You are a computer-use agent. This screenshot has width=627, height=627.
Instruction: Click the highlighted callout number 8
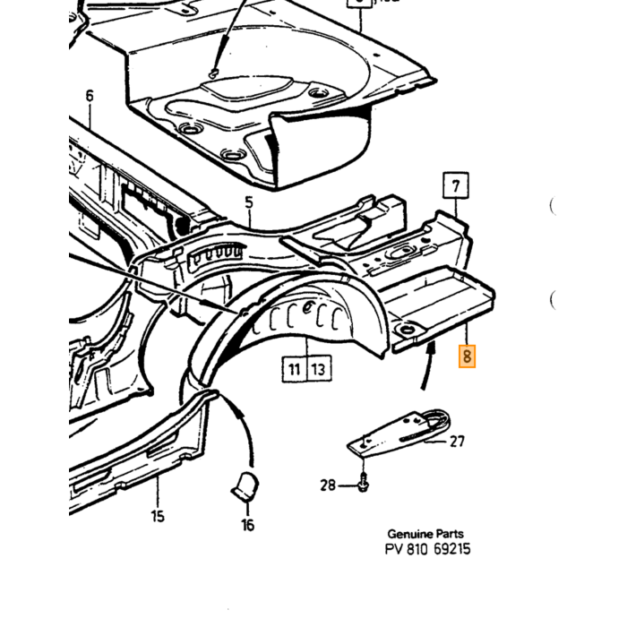click(467, 356)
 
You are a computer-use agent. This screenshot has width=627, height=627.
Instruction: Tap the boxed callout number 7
click(456, 185)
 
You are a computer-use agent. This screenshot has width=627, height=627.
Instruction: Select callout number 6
click(90, 96)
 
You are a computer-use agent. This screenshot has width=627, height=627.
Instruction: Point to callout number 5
click(249, 202)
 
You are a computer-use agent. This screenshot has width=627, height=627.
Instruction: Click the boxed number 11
click(295, 369)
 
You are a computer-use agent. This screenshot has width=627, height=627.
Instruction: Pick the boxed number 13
click(319, 369)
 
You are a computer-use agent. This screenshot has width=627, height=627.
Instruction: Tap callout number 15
click(158, 516)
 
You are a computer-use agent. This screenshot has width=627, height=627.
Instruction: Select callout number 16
click(247, 525)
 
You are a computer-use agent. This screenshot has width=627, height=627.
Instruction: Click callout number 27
click(457, 442)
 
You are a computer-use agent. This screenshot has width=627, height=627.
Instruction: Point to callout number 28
click(328, 485)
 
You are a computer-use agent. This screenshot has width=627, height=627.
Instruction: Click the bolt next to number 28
click(363, 482)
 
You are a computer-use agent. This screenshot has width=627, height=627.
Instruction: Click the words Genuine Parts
click(425, 534)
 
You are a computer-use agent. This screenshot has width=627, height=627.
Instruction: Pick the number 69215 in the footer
click(451, 549)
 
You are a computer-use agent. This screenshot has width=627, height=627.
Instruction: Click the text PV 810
click(407, 549)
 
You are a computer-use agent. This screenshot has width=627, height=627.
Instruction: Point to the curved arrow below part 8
click(428, 364)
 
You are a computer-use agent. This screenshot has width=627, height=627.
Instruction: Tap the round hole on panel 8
click(407, 330)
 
